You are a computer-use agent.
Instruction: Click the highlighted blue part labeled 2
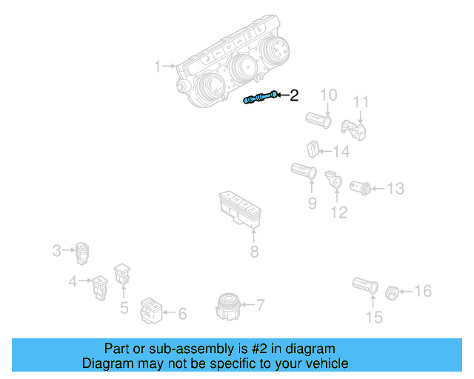(x=261, y=98)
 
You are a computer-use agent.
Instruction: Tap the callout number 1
(x=157, y=67)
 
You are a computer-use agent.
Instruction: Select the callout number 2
(x=294, y=95)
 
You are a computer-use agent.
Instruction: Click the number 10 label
(x=328, y=95)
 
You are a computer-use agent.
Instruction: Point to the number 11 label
(x=361, y=101)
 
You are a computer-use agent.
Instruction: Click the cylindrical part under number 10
(x=320, y=118)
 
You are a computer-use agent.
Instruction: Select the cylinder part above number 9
(x=304, y=173)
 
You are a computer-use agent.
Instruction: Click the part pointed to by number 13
(x=361, y=186)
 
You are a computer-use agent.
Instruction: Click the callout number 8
(x=254, y=252)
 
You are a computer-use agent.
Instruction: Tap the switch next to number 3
(x=83, y=252)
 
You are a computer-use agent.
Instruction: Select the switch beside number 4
(x=99, y=285)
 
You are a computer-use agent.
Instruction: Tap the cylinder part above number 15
(x=365, y=286)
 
